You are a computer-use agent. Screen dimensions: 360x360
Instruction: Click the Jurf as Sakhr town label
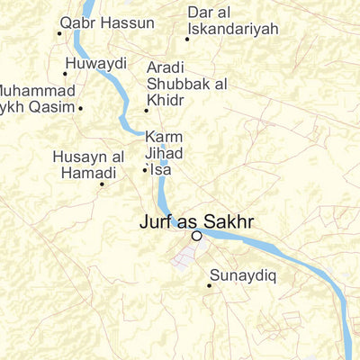coord(197,220)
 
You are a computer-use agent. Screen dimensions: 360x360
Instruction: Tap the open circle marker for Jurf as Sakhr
coord(196,236)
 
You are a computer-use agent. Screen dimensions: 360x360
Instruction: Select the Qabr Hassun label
coord(94,23)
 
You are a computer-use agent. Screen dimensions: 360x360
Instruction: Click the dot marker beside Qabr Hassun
coord(59,33)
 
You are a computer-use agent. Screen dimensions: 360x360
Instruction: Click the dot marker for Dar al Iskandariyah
coord(187,39)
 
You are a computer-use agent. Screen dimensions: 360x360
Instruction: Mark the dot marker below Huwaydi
coord(65,74)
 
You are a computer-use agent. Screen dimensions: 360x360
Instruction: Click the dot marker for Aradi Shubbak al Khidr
coord(147,111)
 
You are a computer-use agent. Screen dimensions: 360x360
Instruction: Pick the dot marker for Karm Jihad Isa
coord(145,169)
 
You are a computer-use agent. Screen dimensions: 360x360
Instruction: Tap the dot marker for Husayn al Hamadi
coord(101,184)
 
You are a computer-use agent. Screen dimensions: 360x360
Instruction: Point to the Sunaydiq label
coord(239,274)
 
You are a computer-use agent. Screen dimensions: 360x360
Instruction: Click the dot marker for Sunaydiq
coord(210,286)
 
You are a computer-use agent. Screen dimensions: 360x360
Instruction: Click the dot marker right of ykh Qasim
coord(80,108)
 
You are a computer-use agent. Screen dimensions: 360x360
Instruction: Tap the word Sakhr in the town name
coord(229,220)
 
